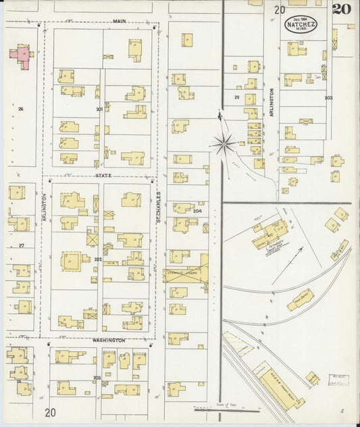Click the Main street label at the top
pos(120,22)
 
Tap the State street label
pos(103,176)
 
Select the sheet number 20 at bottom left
pos(51,412)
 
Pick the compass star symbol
pos(223,143)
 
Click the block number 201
pos(99,109)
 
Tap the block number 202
pos(98,259)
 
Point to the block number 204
pos(197,211)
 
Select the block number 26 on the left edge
pos(21,109)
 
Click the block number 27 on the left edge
pos(21,245)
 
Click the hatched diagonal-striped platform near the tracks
pos(238,343)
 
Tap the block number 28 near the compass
pos(236,98)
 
